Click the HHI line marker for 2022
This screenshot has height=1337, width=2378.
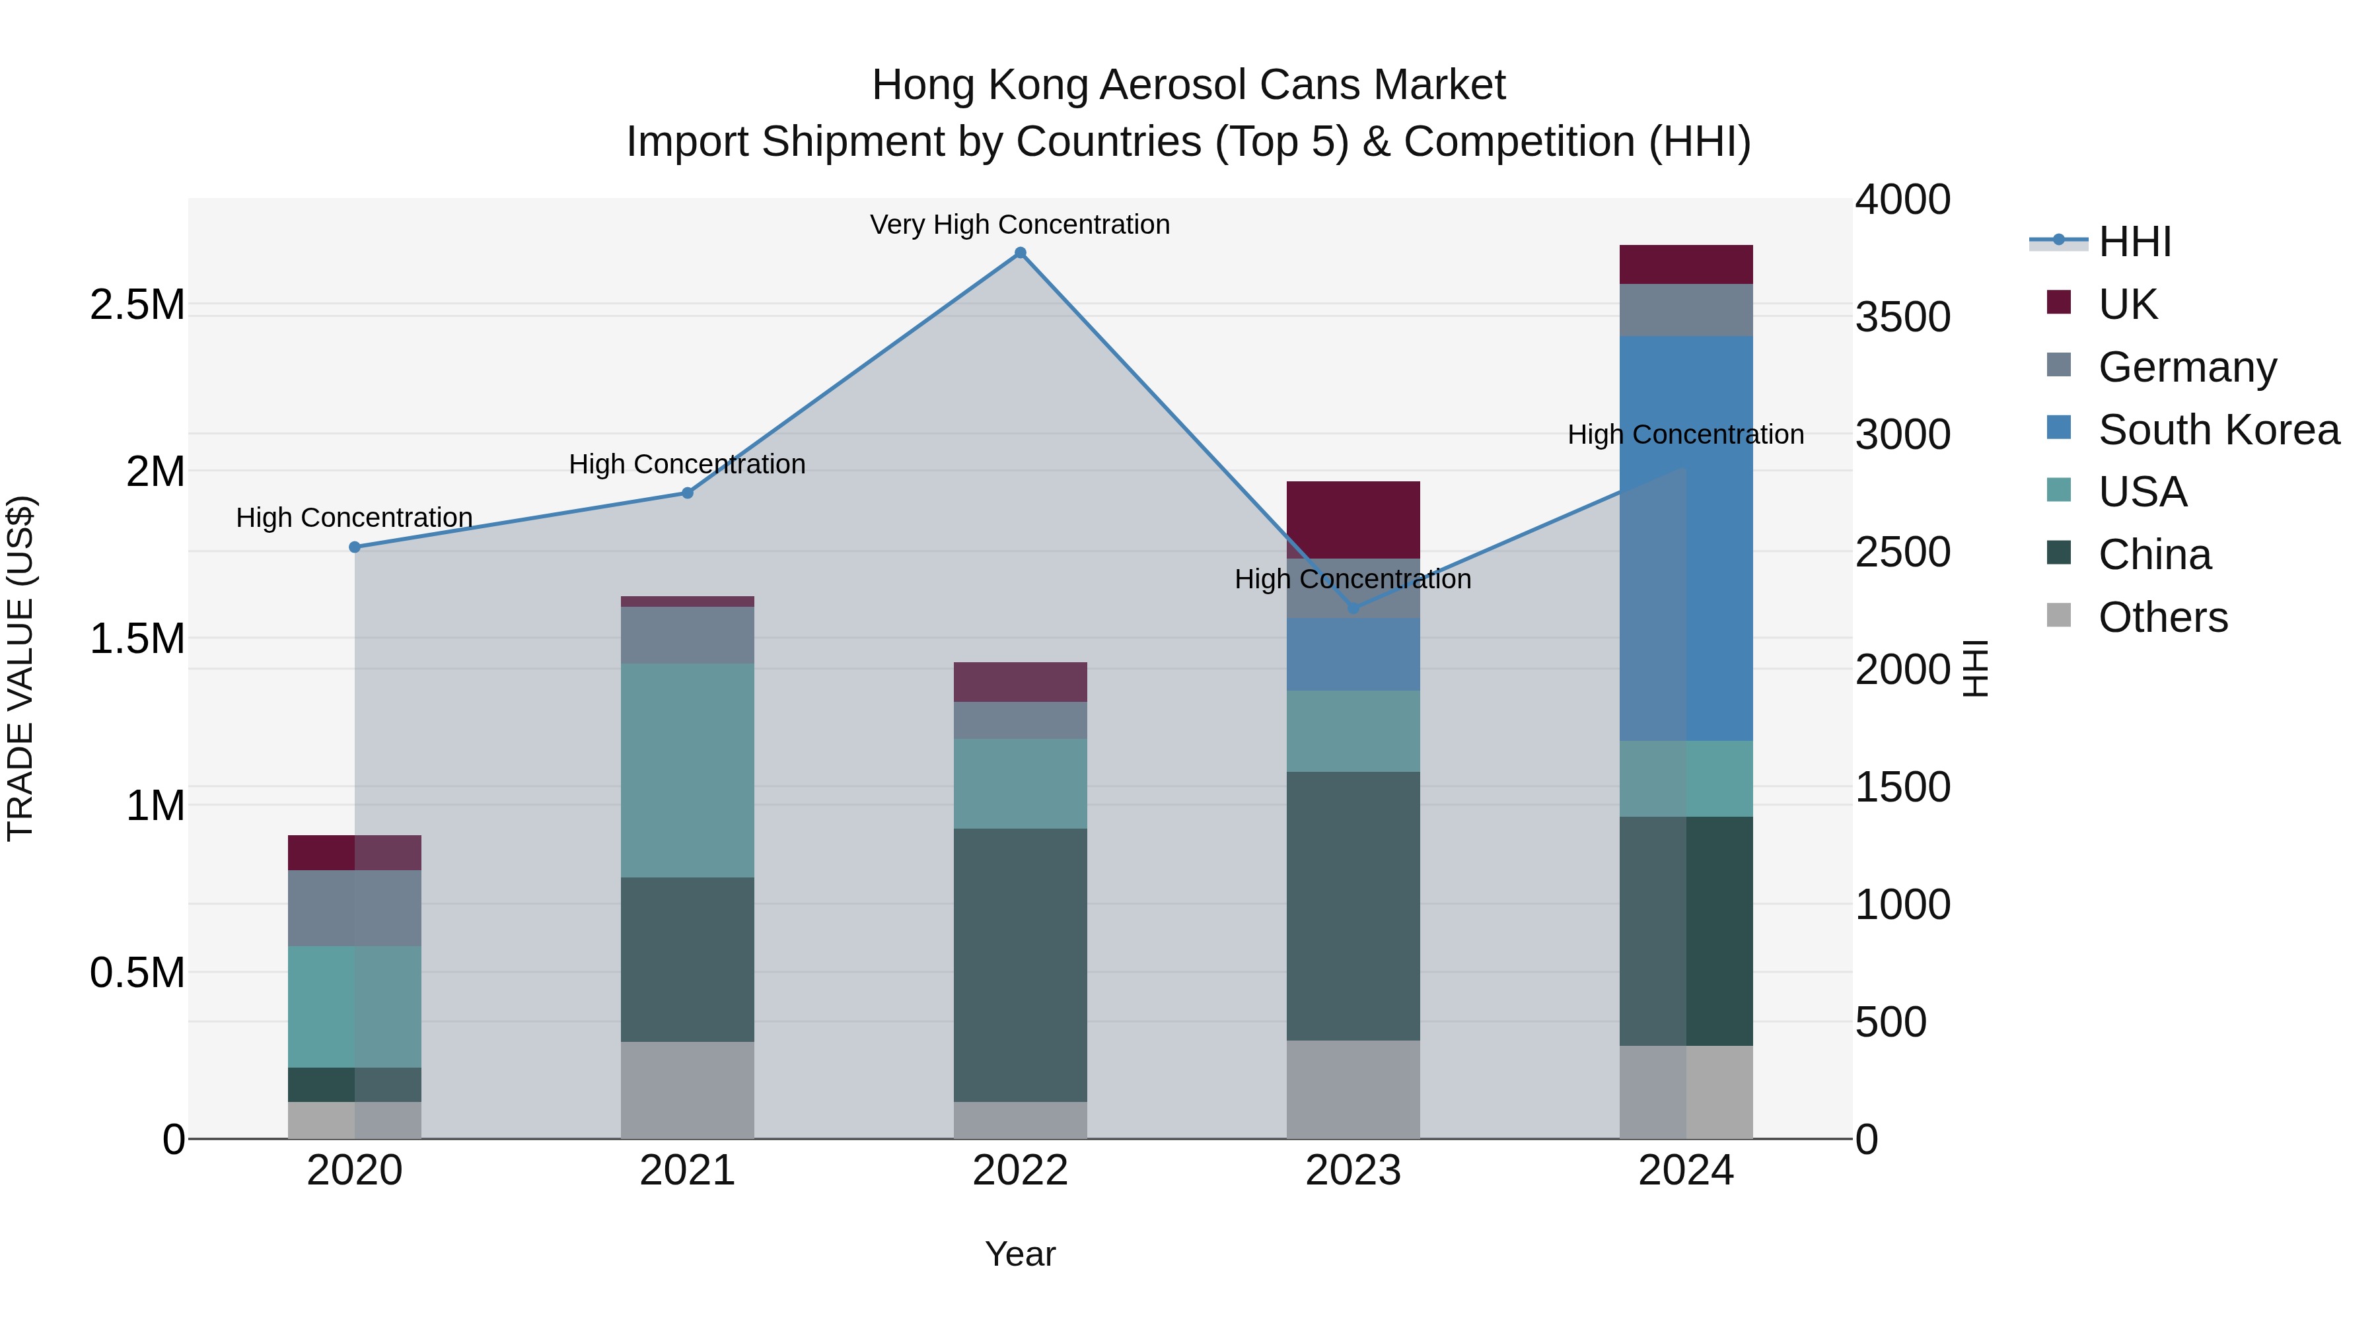pyautogui.click(x=1020, y=253)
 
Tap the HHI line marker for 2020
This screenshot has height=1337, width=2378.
pyautogui.click(x=355, y=547)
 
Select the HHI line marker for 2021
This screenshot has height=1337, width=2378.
pyautogui.click(x=688, y=493)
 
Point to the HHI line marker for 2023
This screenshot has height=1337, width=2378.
pyautogui.click(x=1353, y=608)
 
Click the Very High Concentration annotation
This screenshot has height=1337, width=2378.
pyautogui.click(x=1020, y=224)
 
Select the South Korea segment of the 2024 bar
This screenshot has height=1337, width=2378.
pyautogui.click(x=1686, y=538)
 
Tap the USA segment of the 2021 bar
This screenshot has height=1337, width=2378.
pyautogui.click(x=688, y=770)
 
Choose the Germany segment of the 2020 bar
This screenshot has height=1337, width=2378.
pyautogui.click(x=355, y=908)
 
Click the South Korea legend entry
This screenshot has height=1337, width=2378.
pyautogui.click(x=2218, y=430)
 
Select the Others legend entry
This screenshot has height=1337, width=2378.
pyautogui.click(x=2162, y=617)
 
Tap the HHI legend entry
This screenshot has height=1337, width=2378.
pyautogui.click(x=2134, y=242)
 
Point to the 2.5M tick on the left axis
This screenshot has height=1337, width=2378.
pyautogui.click(x=137, y=304)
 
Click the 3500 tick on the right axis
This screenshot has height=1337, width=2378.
pyautogui.click(x=1904, y=316)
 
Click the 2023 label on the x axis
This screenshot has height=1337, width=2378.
pyautogui.click(x=1353, y=1171)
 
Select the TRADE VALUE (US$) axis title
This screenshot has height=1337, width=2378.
pyautogui.click(x=20, y=668)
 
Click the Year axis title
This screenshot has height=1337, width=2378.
pyautogui.click(x=1020, y=1254)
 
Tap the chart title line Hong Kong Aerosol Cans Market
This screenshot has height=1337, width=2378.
pyautogui.click(x=1188, y=85)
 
